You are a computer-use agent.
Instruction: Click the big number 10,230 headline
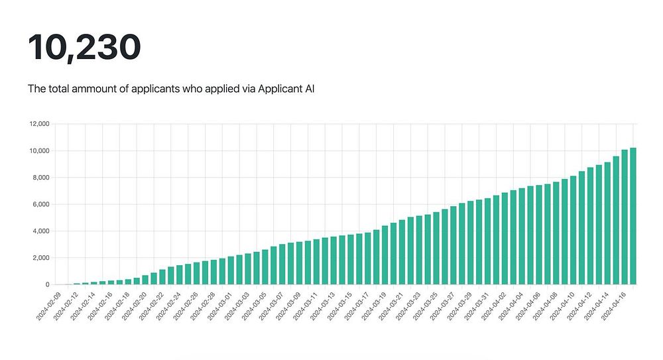click(x=84, y=47)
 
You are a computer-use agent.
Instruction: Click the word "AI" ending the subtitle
click(x=308, y=88)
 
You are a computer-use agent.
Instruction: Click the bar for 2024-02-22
click(x=162, y=277)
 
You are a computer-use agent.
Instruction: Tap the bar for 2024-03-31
click(x=488, y=241)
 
